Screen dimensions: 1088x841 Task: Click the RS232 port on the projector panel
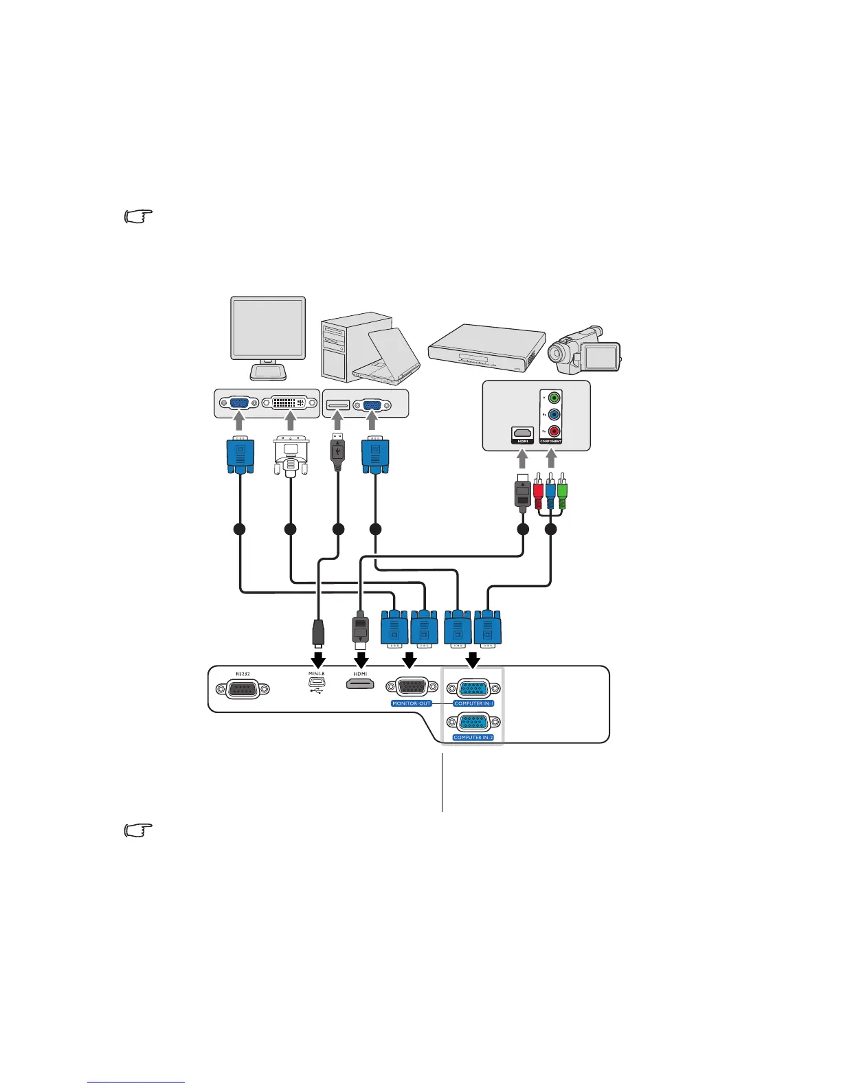point(238,690)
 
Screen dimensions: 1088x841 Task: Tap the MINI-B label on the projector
point(316,674)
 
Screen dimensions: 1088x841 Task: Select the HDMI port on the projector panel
point(360,686)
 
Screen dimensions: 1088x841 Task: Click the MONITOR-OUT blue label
point(412,703)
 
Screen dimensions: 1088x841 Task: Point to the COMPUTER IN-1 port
point(473,689)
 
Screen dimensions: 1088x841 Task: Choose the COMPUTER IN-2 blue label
point(473,738)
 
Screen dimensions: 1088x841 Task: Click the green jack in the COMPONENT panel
point(554,398)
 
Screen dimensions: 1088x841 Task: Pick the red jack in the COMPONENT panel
point(554,433)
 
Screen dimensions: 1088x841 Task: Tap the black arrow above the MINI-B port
point(317,659)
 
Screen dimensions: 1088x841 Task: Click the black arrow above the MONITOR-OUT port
point(410,659)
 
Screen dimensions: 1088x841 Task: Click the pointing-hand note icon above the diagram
point(137,218)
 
